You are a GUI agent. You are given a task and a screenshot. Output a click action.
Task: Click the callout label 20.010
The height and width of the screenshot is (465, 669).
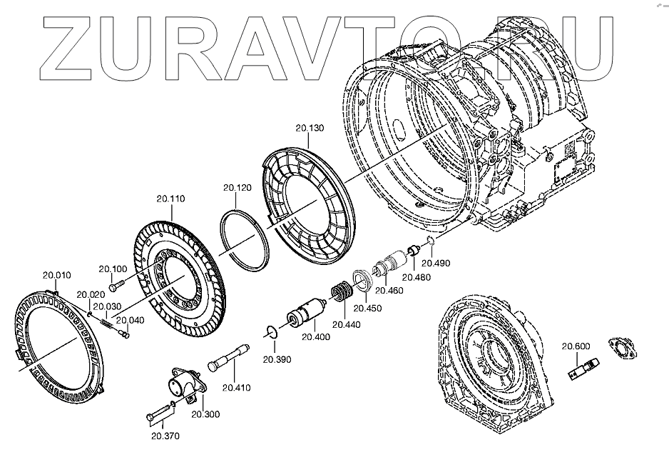tap(56, 275)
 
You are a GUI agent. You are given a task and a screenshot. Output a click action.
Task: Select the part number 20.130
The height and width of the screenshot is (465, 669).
tap(310, 128)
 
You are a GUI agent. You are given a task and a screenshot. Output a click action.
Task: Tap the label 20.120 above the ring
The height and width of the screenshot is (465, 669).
tap(238, 188)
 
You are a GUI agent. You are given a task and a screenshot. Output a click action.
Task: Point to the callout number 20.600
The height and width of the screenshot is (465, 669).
tap(576, 346)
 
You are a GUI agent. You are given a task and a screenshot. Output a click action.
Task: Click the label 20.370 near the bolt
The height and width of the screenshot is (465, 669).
tap(165, 435)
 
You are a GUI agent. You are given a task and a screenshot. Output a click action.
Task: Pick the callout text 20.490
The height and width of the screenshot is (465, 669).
tap(436, 263)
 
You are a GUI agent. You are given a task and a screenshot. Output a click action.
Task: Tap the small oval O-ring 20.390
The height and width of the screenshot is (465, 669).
tap(270, 331)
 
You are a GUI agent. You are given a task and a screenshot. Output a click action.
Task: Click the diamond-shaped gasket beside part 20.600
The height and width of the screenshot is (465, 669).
tap(621, 349)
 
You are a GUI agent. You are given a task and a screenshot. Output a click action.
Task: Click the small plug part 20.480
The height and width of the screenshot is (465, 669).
tap(412, 252)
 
